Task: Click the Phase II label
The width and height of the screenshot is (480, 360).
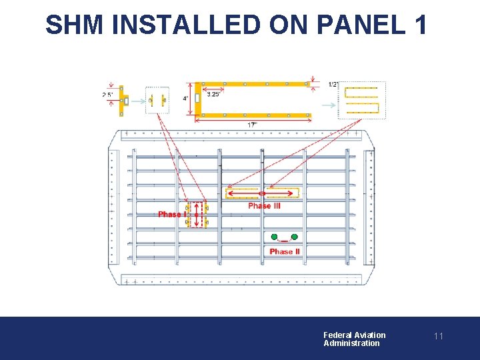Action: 285,251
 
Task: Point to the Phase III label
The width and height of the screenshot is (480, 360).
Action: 264,206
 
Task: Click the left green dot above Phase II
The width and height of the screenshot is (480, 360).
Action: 274,237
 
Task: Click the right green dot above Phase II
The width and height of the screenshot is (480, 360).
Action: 294,237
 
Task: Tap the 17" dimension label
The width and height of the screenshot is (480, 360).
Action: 253,125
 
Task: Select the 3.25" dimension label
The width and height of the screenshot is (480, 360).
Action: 214,95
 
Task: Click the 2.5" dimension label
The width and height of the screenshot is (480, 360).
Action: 108,95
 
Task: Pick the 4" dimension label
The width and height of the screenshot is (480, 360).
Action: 185,99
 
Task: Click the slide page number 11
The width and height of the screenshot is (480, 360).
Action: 438,336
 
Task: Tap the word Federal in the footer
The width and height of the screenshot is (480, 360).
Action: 337,335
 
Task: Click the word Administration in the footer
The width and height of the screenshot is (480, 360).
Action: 351,343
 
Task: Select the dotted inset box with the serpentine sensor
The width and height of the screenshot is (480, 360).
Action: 362,100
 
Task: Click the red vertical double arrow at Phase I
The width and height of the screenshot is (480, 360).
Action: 197,215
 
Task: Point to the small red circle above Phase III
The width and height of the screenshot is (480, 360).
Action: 262,193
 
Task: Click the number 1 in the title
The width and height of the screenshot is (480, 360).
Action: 421,25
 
